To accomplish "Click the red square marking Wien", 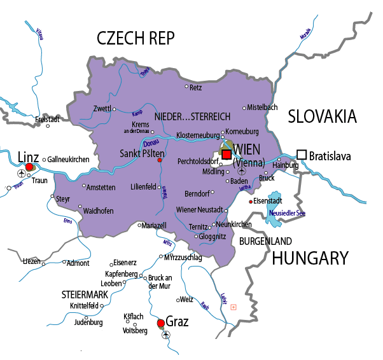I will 227,154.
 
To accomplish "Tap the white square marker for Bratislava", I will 302,155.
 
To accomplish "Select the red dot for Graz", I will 160,322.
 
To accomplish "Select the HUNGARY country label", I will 310,258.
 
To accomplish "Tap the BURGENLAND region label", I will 265,241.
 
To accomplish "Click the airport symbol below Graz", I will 167,335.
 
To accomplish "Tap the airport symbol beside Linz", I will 23,173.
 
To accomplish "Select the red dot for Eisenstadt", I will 251,202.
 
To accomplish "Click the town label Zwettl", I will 102,108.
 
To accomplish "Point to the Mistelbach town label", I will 262,107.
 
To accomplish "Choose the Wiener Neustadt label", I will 198,209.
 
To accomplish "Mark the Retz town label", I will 196,87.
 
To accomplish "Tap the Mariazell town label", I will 153,225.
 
